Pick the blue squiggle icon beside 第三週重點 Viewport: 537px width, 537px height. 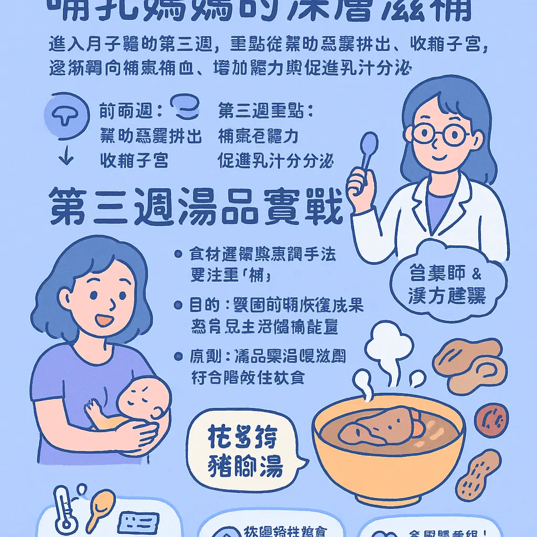(186, 107)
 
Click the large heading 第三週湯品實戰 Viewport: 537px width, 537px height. (196, 208)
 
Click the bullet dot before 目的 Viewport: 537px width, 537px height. (179, 305)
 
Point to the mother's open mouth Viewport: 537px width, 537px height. (105, 319)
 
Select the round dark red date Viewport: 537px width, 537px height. (491, 420)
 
